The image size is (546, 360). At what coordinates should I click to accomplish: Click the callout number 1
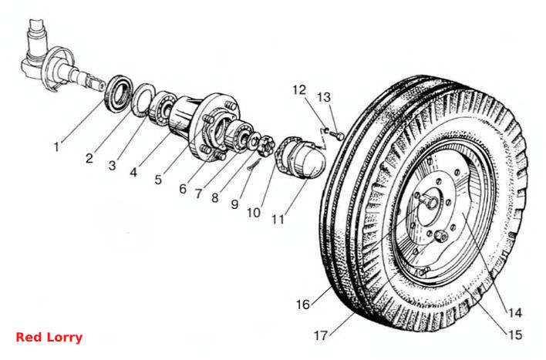pos(56,147)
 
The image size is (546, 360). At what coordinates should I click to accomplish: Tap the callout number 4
pos(133,172)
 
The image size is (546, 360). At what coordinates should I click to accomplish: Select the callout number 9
pos(235,204)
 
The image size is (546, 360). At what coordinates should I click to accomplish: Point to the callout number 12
pos(299,90)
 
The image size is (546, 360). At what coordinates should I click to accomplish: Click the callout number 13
pos(324,97)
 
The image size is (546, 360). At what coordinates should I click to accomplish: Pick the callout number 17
pos(321,335)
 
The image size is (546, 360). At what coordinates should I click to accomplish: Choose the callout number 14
pos(515,313)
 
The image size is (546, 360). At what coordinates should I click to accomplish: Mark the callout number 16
pos(303,304)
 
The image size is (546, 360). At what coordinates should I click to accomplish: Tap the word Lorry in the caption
pos(65,338)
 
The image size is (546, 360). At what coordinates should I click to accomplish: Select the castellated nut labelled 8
pos(266,146)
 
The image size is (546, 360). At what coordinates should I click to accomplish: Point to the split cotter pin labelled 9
pos(255,163)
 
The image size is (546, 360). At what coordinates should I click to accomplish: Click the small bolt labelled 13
pos(338,135)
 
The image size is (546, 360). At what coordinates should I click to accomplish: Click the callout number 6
pos(183,189)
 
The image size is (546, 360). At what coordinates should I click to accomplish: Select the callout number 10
pos(254,213)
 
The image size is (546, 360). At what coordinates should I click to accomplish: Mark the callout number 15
pos(515,335)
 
